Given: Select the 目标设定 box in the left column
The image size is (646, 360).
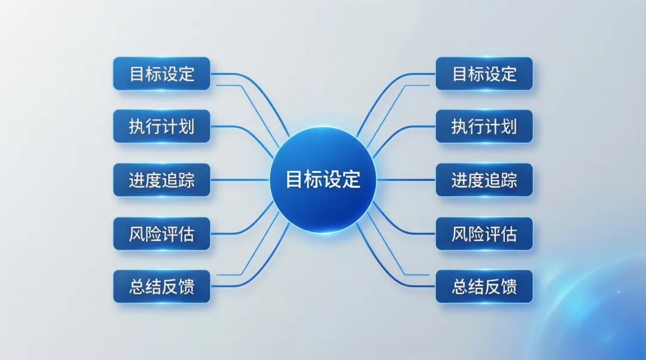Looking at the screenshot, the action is pos(161,74).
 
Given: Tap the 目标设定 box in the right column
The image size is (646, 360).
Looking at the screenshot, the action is pos(484,74).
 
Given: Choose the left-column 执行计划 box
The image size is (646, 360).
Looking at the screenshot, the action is pos(161,126).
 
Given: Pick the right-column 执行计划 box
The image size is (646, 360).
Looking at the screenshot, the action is pos(484,126).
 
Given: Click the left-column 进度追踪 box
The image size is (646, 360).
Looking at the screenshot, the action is pos(161,179).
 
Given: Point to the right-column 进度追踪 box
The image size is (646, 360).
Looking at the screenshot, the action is pos(484,179).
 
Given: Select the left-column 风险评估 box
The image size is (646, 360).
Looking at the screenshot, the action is pos(161,233).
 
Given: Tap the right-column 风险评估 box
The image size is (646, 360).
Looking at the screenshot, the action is pos(484,233).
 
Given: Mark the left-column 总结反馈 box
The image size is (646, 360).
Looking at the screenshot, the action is pos(161,286).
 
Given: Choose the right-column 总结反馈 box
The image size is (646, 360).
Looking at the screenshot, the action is pos(484,286).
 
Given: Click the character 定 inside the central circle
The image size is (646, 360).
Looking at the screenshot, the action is pos(351,179).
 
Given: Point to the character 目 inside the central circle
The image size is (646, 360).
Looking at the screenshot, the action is pos(294,179).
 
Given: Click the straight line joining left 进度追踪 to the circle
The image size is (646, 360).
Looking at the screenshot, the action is pos(239,179).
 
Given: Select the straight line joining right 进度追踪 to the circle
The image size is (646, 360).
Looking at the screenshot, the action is pos(407,179).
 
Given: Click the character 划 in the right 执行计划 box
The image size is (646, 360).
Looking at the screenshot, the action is pos(508,127).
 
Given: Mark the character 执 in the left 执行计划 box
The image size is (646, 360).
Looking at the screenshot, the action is pos(137,127).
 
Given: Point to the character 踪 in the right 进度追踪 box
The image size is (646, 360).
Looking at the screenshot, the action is pos(508,180).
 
